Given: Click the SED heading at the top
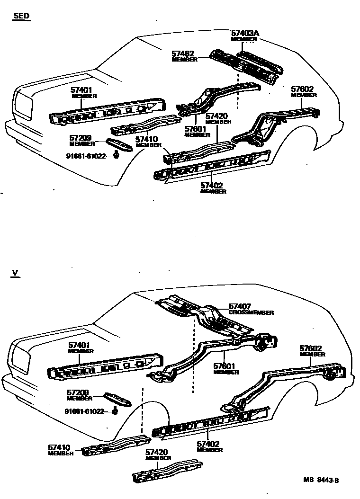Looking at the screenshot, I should (21, 16).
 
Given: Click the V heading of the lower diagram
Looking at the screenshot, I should (15, 273).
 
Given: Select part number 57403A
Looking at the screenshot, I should (245, 33).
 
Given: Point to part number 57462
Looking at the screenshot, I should (183, 54).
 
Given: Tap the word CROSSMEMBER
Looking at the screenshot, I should (251, 313).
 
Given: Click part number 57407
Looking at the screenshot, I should (240, 307).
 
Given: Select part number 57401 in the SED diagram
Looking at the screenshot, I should (81, 90).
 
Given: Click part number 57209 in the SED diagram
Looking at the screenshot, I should (80, 138).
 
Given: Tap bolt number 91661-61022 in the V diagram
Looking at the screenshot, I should (84, 411).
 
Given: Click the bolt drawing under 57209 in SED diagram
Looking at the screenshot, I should (116, 155).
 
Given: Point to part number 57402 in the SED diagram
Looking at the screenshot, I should (211, 186).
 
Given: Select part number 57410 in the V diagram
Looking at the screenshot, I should (59, 447).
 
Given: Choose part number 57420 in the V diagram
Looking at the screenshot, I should (157, 453).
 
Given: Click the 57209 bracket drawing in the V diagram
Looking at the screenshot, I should (117, 399).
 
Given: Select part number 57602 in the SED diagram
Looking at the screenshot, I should (303, 89).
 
